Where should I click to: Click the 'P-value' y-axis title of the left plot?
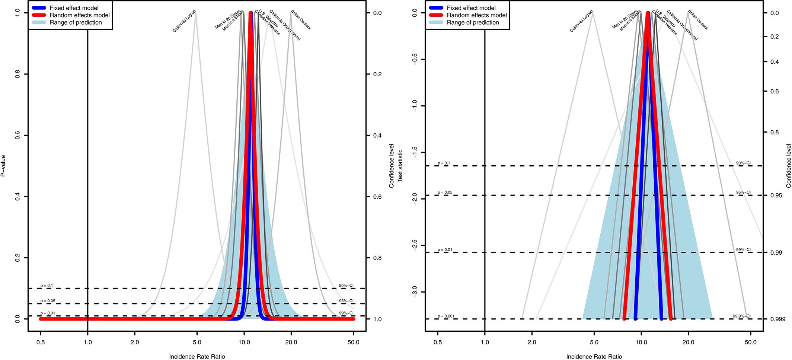(3, 166)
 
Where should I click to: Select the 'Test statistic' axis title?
(400, 166)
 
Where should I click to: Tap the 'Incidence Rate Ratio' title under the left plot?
(197, 356)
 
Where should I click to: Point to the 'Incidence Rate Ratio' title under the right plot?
(594, 356)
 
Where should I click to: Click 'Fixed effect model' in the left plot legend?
(74, 8)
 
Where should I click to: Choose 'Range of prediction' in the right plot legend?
(473, 22)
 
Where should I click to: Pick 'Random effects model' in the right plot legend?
(477, 15)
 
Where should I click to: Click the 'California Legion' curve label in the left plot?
(184, 22)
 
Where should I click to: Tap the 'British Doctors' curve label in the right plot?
(698, 20)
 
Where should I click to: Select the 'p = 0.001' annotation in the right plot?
(446, 316)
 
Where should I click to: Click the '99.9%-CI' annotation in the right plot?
(742, 316)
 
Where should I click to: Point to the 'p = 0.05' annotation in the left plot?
(48, 301)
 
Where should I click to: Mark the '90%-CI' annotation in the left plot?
(346, 286)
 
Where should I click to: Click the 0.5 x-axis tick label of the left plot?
(41, 343)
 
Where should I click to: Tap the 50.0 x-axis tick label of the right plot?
(751, 343)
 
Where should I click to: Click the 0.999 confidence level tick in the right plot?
(778, 319)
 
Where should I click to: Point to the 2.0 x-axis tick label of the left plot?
(135, 343)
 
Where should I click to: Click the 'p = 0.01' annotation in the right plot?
(445, 250)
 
